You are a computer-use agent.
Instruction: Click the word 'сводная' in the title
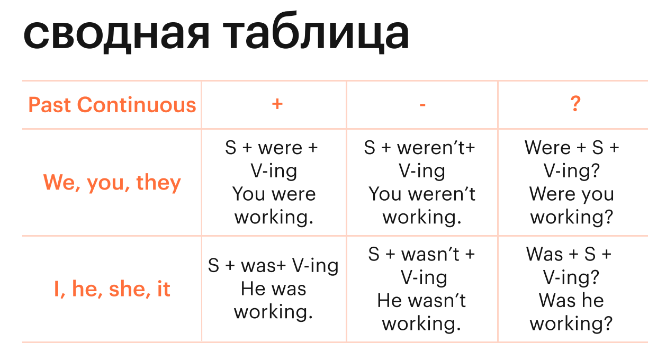pos(116,34)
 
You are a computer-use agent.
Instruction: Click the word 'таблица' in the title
pos(316,32)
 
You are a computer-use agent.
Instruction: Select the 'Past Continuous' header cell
pos(112,105)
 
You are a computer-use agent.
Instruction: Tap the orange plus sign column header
pos(277,104)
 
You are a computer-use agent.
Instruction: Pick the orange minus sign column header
pos(422,105)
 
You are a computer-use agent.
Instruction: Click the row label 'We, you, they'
pos(112,183)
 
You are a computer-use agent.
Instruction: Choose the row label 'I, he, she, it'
pos(112,289)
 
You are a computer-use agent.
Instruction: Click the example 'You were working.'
pos(274,206)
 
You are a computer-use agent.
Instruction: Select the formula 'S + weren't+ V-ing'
pos(419,160)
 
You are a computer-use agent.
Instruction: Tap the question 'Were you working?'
pos(571,206)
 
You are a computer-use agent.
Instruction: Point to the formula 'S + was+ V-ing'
pos(273,266)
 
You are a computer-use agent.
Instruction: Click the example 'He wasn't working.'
pos(421,312)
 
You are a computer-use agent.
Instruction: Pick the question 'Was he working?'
pos(571,312)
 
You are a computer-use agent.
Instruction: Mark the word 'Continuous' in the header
pos(137,105)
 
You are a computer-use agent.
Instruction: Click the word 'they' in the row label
pos(158,183)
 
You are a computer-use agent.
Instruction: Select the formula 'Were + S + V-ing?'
pos(572,160)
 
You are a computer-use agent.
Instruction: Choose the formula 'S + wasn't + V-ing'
pos(421,266)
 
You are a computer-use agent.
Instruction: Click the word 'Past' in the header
pos(49,105)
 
